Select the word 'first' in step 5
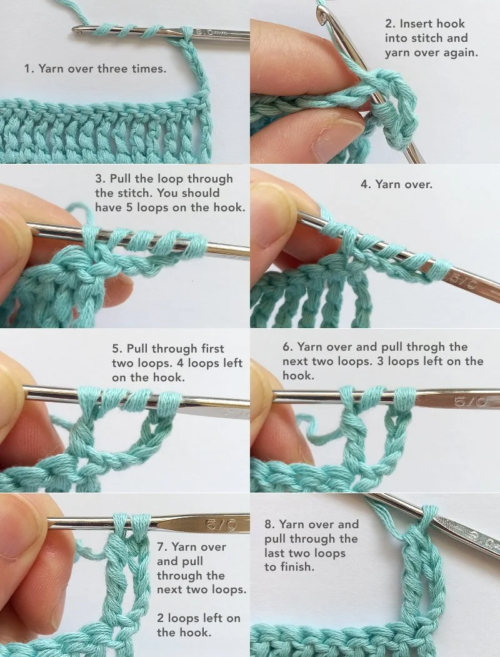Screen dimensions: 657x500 click(210, 349)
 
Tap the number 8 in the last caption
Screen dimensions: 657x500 click(267, 524)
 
